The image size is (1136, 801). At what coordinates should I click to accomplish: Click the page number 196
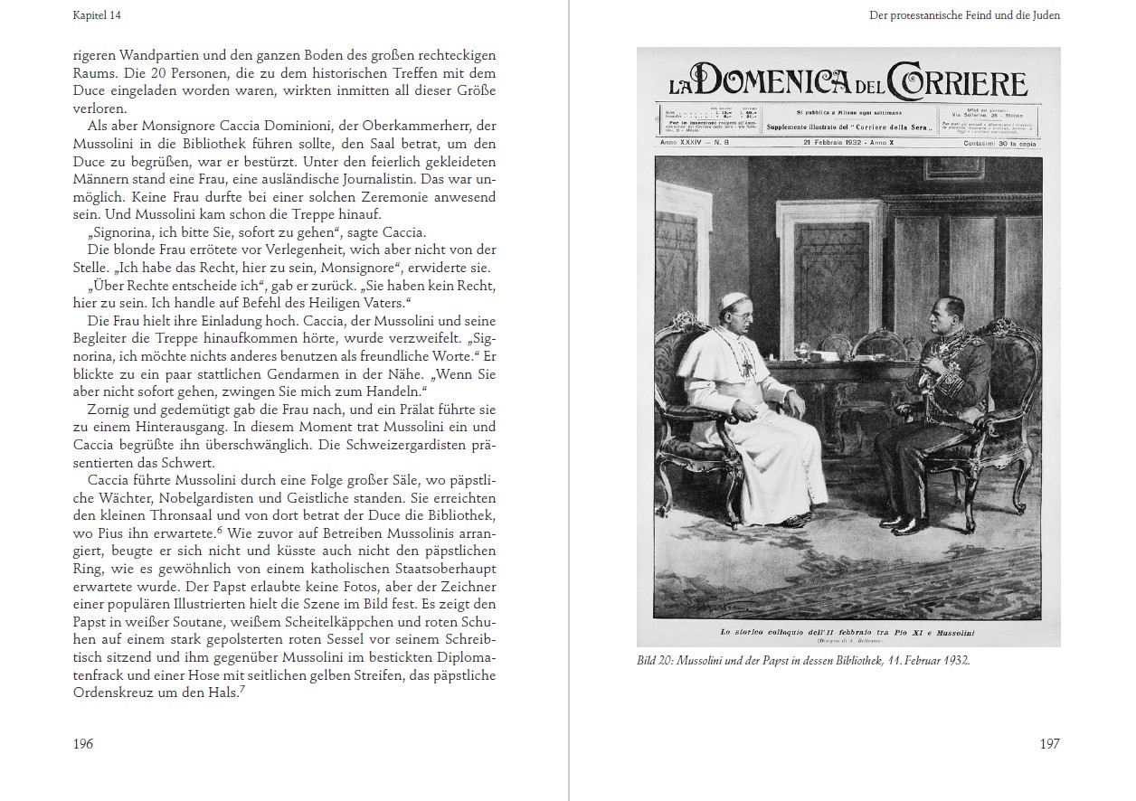pos(83,744)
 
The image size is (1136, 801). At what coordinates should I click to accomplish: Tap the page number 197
pos(1049,744)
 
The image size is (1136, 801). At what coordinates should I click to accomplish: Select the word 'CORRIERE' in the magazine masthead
pos(959,82)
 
